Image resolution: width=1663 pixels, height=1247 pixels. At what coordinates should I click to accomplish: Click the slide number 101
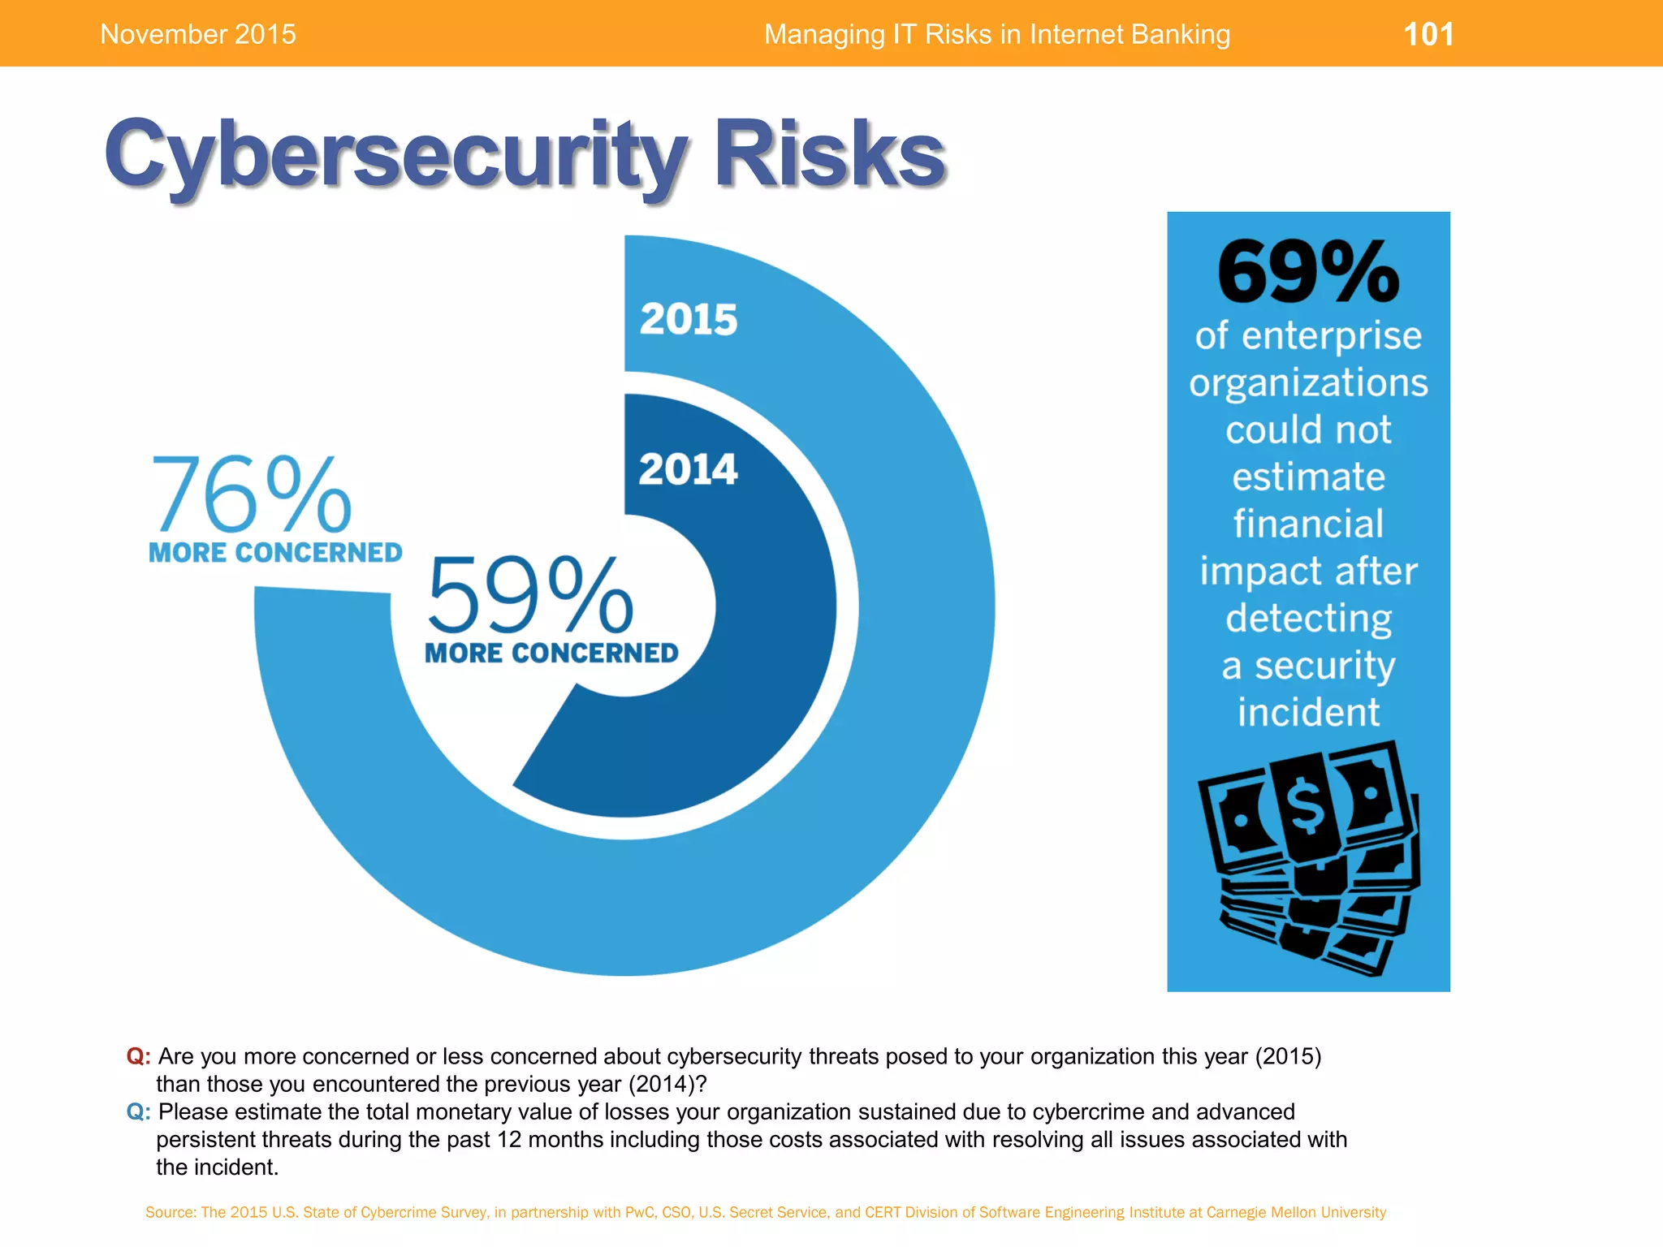[x=1428, y=34]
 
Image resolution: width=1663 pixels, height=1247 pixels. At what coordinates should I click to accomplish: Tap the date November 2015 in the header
[x=197, y=34]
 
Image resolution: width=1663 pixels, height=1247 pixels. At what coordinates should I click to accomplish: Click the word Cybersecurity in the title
[x=396, y=154]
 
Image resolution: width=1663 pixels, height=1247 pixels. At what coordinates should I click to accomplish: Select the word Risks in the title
[x=829, y=154]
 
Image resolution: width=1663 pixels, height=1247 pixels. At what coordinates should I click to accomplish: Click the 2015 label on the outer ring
[x=689, y=319]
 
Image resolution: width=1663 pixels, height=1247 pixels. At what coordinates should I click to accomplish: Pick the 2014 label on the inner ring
[x=688, y=469]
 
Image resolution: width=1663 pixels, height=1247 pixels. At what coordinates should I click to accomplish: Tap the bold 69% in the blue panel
[x=1307, y=272]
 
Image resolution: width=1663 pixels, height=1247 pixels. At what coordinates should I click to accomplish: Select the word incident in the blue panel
[x=1308, y=712]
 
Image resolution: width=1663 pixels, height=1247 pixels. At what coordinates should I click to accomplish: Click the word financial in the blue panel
[x=1308, y=524]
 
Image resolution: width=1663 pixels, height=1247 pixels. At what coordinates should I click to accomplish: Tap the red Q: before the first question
[x=138, y=1056]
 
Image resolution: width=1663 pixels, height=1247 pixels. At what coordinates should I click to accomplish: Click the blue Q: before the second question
[x=138, y=1111]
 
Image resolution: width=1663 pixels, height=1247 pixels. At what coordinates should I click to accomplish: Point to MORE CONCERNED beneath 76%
[x=275, y=553]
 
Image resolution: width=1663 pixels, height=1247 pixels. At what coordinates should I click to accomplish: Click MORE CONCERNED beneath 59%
[x=551, y=653]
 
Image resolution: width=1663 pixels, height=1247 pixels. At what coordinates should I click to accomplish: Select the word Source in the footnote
[x=170, y=1212]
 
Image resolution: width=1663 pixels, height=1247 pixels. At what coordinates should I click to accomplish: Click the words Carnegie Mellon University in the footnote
[x=1296, y=1212]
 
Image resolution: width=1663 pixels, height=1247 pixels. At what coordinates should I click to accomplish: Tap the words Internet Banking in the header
[x=1130, y=34]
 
